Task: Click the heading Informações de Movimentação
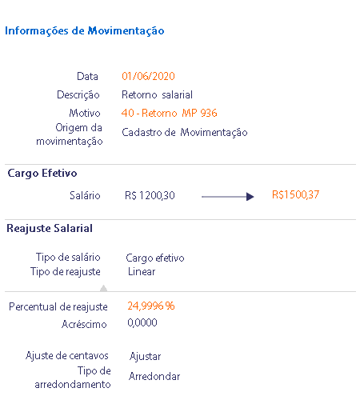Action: click(85, 31)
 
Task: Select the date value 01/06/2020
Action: click(148, 76)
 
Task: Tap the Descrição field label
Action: click(78, 95)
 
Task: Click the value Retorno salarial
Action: click(157, 94)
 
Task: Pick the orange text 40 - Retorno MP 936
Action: click(170, 113)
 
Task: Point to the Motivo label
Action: click(85, 113)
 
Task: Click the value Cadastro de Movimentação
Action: click(185, 133)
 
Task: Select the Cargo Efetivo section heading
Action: click(42, 174)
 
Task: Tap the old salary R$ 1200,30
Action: click(150, 195)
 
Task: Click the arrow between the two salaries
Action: click(228, 197)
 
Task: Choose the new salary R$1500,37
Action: click(295, 194)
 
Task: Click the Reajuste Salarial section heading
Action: click(50, 229)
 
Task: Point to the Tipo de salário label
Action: click(68, 258)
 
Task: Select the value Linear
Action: click(142, 272)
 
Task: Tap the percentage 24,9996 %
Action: click(151, 306)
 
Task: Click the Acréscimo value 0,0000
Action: click(142, 322)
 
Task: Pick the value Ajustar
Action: click(146, 357)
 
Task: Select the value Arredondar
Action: click(154, 376)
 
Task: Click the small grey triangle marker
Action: click(104, 288)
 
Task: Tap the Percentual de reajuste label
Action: click(58, 307)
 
